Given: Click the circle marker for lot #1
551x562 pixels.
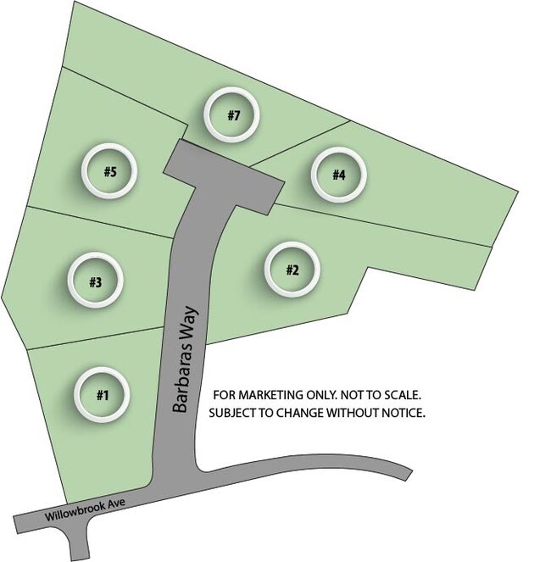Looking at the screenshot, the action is (x=102, y=395).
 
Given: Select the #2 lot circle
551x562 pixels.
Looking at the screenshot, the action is (x=292, y=270).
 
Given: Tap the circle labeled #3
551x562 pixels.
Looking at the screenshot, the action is (x=95, y=281).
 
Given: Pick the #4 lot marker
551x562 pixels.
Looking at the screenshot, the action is (x=339, y=175).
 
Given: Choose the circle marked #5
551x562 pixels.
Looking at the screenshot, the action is (x=109, y=171).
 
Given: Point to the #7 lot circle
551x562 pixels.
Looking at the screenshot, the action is (x=231, y=114).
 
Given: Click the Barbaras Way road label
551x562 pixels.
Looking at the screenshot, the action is (x=185, y=359).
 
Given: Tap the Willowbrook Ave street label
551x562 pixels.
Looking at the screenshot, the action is (x=85, y=509).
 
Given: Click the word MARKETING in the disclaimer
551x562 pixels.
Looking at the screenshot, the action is (x=270, y=395).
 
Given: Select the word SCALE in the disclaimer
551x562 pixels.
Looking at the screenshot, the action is (x=403, y=395).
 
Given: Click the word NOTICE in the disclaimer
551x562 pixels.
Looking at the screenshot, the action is (x=404, y=413).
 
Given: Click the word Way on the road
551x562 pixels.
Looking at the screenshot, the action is (x=189, y=320).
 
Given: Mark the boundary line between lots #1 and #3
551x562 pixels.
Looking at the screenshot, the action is (x=96, y=338).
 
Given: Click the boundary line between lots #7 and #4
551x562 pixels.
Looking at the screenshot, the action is (x=300, y=144).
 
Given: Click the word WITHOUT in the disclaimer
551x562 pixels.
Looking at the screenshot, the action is (x=353, y=413).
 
